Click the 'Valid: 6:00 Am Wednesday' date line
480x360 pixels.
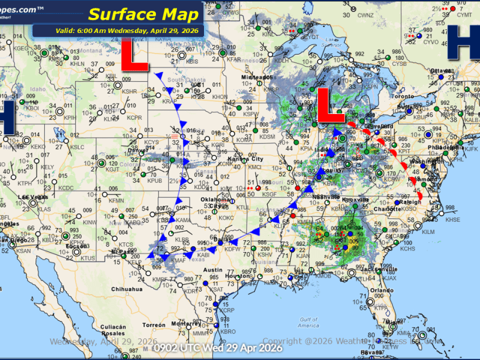(x=118, y=31)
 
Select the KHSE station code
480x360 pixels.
(x=453, y=220)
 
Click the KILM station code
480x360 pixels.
(x=428, y=231)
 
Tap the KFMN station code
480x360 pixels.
(x=116, y=200)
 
